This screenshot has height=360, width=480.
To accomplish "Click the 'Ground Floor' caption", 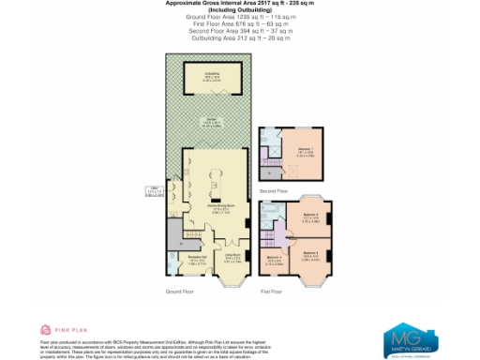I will coord(179,292).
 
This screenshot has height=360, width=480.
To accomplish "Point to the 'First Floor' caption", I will coord(273,292).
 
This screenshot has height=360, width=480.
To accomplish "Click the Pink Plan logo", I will coord(57,330).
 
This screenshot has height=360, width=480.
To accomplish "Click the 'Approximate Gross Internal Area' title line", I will coord(239,5).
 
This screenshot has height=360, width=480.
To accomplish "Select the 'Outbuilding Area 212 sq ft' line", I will coord(239,37).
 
